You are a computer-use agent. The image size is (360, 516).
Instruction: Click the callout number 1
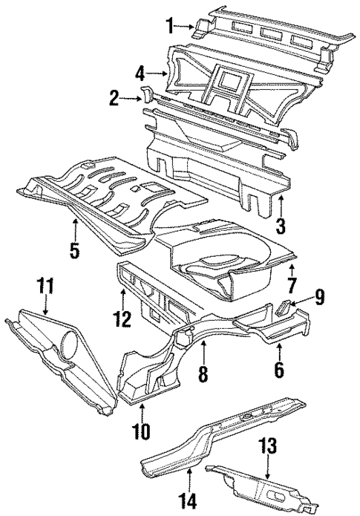click(x=169, y=27)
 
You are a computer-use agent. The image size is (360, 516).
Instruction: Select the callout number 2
click(x=113, y=97)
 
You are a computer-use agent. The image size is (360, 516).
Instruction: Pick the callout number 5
click(x=75, y=249)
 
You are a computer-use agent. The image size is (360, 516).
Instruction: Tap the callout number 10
click(x=141, y=431)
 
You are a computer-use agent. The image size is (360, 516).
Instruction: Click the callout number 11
click(x=46, y=285)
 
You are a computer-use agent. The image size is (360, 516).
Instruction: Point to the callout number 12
click(x=122, y=320)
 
